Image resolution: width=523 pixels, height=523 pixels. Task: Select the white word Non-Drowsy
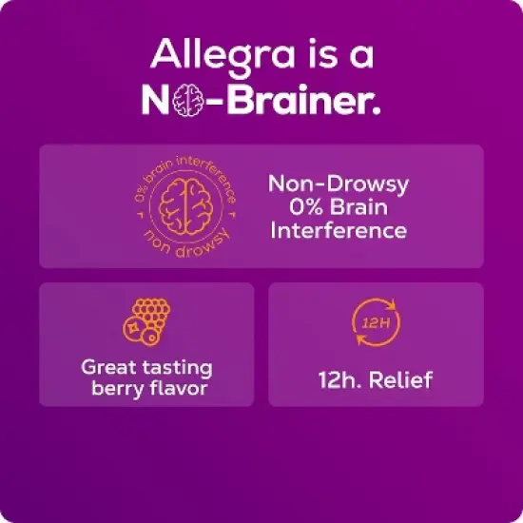tap(338, 183)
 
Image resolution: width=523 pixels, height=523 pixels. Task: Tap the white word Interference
tap(338, 230)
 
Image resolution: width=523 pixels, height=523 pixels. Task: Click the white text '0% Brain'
tap(338, 206)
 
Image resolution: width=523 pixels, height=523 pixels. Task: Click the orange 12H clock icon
tap(376, 323)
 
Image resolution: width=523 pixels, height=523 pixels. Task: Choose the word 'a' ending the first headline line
tap(359, 55)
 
